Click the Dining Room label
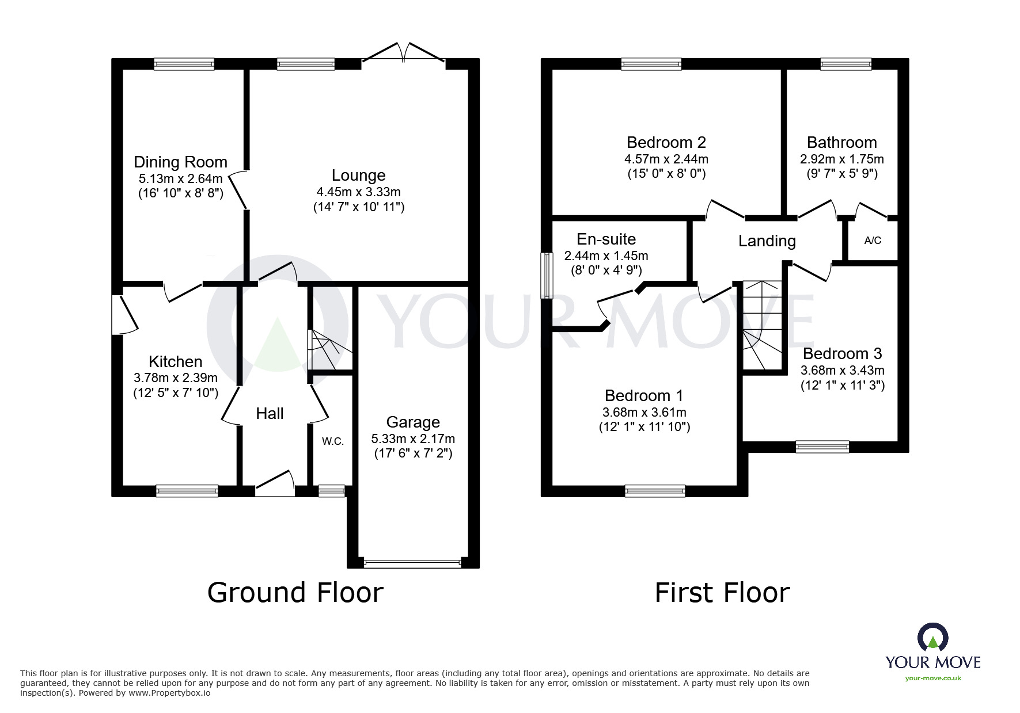pyautogui.click(x=180, y=162)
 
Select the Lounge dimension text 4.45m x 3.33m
pyautogui.click(x=358, y=192)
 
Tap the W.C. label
pyautogui.click(x=333, y=441)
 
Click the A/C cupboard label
pyautogui.click(x=873, y=241)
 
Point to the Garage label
pyautogui.click(x=413, y=422)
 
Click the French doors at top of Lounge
pyautogui.click(x=403, y=53)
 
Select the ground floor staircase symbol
pyautogui.click(x=328, y=350)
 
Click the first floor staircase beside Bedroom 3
pyautogui.click(x=762, y=325)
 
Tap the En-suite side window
pyautogui.click(x=546, y=276)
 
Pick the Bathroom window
pyautogui.click(x=845, y=64)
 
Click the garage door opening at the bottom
pyautogui.click(x=412, y=563)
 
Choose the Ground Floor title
pyautogui.click(x=295, y=593)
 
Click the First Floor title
pyautogui.click(x=722, y=593)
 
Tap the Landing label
pyautogui.click(x=767, y=241)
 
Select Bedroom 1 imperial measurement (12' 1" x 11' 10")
pyautogui.click(x=644, y=427)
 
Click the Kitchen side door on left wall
pyautogui.click(x=124, y=315)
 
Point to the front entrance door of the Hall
pyautogui.click(x=275, y=485)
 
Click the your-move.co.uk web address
pyautogui.click(x=932, y=678)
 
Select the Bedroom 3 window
pyautogui.click(x=822, y=446)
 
